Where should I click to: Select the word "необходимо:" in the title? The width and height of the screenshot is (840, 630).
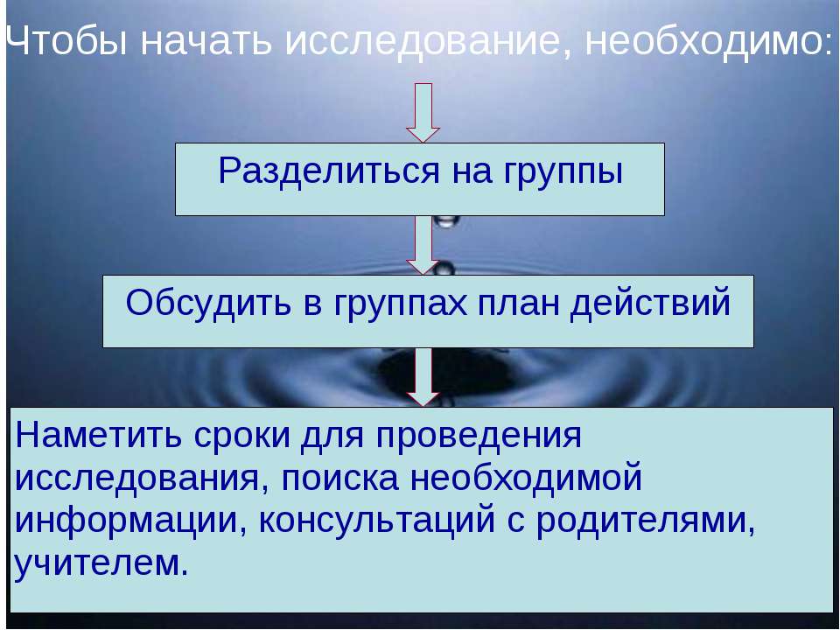point(709,41)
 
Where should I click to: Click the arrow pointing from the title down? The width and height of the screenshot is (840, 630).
point(423,113)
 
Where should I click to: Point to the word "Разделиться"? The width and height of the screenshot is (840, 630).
point(329,172)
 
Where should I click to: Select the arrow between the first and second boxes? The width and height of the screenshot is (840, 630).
point(423,245)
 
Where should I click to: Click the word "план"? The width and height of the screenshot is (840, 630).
point(518,303)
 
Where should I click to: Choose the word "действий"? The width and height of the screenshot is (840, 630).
point(650,304)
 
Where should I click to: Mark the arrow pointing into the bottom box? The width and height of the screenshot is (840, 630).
point(423,377)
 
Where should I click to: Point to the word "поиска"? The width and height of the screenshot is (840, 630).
point(340,478)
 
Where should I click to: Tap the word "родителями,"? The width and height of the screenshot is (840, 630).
point(646,522)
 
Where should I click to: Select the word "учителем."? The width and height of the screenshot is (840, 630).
point(101,564)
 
